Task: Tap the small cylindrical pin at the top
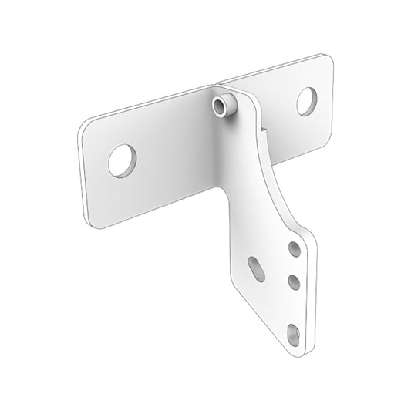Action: pyautogui.click(x=222, y=109)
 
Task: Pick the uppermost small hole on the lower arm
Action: pyautogui.click(x=295, y=249)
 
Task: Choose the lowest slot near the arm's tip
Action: pyautogui.click(x=293, y=333)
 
